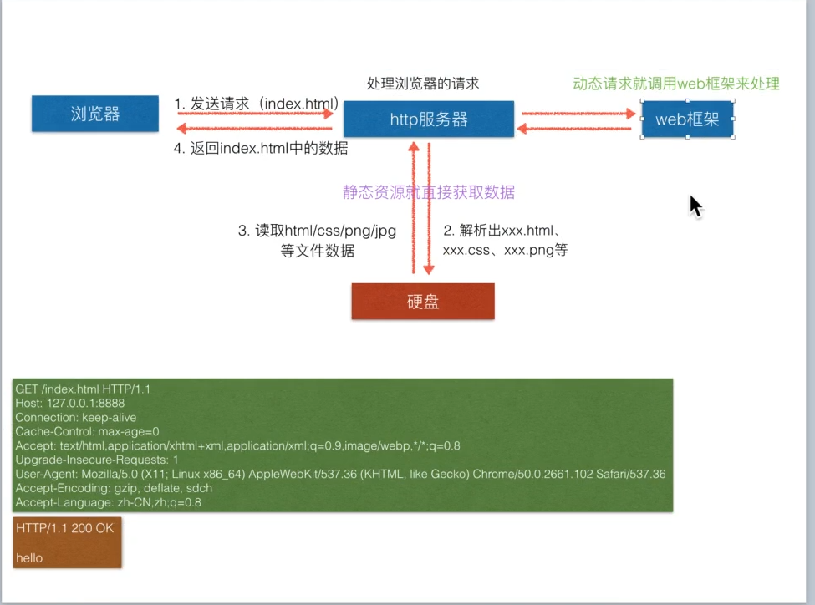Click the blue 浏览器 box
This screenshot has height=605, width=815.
pyautogui.click(x=94, y=114)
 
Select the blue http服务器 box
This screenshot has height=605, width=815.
pyautogui.click(x=429, y=119)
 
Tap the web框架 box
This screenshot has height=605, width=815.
pyautogui.click(x=687, y=119)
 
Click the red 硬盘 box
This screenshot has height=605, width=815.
pyautogui.click(x=423, y=302)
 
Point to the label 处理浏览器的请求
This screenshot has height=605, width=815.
pyautogui.click(x=423, y=84)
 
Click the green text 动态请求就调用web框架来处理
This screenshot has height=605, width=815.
pyautogui.click(x=675, y=84)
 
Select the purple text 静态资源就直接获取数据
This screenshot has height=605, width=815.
pyautogui.click(x=429, y=192)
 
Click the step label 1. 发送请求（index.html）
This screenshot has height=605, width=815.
pyautogui.click(x=256, y=104)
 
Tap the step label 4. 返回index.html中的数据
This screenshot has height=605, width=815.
pyautogui.click(x=260, y=149)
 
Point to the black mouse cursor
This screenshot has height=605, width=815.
pyautogui.click(x=695, y=206)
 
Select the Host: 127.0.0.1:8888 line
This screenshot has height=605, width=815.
pyautogui.click(x=70, y=404)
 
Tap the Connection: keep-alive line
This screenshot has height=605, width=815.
pyautogui.click(x=75, y=418)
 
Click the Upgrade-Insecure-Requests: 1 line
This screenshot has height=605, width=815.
pyautogui.click(x=97, y=460)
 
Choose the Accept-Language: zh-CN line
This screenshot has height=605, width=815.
pyautogui.click(x=108, y=503)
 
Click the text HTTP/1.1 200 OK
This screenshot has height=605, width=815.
pyautogui.click(x=64, y=528)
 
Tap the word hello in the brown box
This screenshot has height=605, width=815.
pyautogui.click(x=29, y=557)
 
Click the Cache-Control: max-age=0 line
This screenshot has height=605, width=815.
pyautogui.click(x=87, y=432)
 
